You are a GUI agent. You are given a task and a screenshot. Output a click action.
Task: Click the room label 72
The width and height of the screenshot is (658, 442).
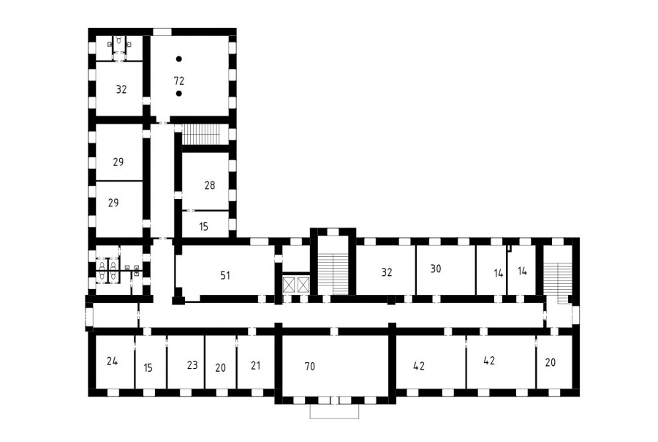tap(179, 80)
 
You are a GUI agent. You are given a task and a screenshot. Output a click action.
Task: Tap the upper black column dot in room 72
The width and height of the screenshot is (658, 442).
tap(179, 59)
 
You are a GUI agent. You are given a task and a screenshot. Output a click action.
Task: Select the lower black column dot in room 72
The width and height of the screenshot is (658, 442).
tap(179, 93)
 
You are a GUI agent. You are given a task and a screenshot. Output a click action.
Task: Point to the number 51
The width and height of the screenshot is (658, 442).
tap(225, 276)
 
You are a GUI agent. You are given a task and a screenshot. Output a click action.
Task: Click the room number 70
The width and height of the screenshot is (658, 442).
tap(310, 367)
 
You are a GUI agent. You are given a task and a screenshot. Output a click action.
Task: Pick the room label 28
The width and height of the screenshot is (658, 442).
tap(210, 185)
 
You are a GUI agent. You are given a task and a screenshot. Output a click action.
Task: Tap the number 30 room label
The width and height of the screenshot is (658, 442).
tap(436, 269)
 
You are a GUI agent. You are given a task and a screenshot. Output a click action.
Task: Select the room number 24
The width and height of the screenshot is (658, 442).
tap(112, 361)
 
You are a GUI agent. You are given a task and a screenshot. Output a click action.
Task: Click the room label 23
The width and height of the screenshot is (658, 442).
tap(192, 365)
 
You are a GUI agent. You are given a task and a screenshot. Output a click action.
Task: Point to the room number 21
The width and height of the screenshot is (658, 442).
tap(256, 366)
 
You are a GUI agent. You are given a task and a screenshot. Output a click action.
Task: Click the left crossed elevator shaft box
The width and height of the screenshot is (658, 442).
tap(289, 285)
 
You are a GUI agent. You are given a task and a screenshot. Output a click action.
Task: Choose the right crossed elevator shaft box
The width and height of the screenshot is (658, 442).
tap(303, 285)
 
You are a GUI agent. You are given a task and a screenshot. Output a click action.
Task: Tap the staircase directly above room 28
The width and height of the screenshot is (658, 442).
tap(200, 135)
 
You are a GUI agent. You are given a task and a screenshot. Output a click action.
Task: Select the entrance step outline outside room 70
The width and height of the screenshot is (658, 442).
tap(334, 411)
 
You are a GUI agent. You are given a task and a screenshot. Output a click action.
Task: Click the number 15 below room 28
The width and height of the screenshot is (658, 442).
tap(203, 227)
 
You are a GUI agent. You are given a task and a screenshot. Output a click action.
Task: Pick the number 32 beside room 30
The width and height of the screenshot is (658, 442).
tap(387, 272)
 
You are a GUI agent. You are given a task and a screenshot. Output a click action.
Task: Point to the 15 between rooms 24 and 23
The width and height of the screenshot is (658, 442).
tap(148, 368)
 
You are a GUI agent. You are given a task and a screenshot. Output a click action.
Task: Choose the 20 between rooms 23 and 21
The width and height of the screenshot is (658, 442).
tap(220, 368)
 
